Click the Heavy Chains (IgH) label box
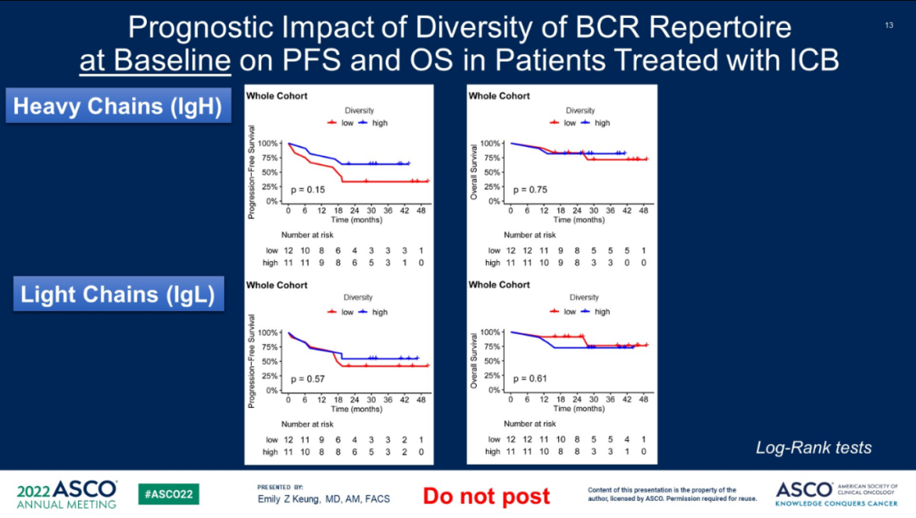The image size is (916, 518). (118, 107)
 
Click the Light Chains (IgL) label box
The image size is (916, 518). (117, 295)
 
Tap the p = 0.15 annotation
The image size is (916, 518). (308, 189)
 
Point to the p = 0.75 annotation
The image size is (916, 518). (530, 189)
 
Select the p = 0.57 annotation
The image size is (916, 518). (308, 378)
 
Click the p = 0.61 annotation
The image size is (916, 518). (530, 378)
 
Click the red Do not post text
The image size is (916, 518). (486, 496)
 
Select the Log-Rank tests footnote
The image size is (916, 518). (813, 448)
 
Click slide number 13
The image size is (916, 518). (889, 25)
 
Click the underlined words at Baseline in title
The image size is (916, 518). (155, 60)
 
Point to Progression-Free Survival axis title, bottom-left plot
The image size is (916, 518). (252, 360)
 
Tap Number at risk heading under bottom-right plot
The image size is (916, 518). (530, 424)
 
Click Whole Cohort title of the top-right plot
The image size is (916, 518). (499, 96)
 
